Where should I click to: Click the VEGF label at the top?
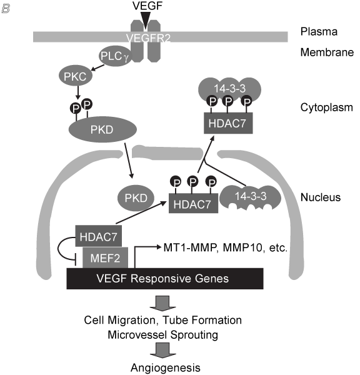tap(147, 6)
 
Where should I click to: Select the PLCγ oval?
tap(116, 56)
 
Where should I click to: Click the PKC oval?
tap(76, 76)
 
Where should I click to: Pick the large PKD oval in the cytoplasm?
tap(102, 129)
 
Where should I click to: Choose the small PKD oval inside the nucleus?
tap(136, 198)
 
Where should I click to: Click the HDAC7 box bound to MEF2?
tap(98, 236)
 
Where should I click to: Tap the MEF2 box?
tap(105, 257)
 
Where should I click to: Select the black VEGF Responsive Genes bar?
tap(165, 279)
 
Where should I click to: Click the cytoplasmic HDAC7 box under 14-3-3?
tap(228, 123)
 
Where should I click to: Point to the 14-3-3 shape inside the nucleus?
tap(250, 197)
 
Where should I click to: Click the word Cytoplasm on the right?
tap(326, 107)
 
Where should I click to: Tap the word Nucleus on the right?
tap(320, 197)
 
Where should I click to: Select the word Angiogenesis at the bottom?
tap(165, 367)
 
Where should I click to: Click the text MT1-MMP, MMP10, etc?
tap(226, 247)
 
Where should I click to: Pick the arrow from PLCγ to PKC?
tap(98, 67)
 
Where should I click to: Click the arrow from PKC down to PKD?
tap(77, 92)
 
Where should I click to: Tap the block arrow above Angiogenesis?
tap(163, 350)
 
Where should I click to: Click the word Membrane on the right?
tap(327, 52)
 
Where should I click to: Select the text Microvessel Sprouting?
tap(163, 334)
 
